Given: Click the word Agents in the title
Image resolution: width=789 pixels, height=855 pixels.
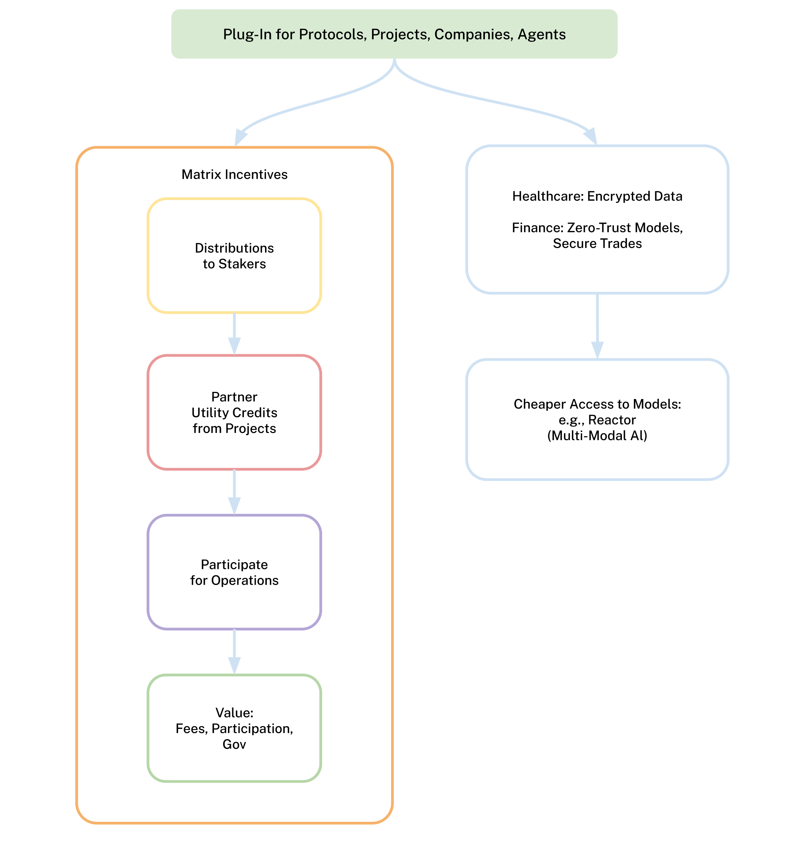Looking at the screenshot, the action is (x=541, y=34).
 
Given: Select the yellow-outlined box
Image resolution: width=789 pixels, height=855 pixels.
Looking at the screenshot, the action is (x=234, y=256).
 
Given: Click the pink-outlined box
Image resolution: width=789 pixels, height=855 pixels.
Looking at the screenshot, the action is (x=234, y=412).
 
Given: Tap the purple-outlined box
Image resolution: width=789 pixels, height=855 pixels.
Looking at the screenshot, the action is (x=234, y=572).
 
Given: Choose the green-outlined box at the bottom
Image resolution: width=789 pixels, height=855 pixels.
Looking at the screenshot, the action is (x=234, y=728).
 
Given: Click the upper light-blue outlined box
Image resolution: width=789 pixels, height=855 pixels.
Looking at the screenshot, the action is (x=597, y=219).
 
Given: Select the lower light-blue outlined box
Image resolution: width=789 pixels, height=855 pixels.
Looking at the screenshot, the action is (x=597, y=419).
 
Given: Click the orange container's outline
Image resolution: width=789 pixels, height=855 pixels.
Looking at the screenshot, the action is (x=77, y=470).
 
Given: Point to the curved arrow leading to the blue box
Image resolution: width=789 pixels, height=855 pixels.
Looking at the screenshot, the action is (x=491, y=101).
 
